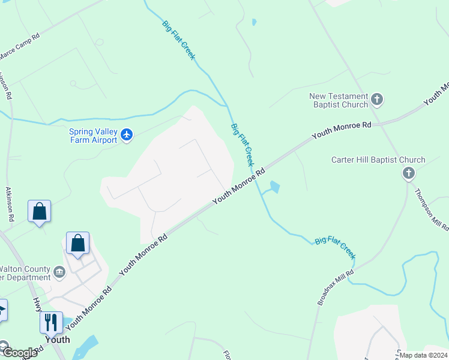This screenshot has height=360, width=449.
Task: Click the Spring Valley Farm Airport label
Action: (94, 135)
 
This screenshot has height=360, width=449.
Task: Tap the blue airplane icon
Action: (126, 135)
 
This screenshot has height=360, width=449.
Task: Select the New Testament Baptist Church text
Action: (339, 100)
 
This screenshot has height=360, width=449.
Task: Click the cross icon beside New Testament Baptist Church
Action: (377, 99)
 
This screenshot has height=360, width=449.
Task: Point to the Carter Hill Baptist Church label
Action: (378, 160)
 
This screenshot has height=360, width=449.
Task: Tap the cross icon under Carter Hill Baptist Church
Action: (408, 173)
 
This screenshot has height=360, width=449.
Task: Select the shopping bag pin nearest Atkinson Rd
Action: (39, 212)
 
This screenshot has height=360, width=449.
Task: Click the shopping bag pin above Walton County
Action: (77, 244)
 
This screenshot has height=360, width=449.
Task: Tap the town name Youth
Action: (57, 340)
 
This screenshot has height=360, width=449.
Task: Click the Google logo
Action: (19, 353)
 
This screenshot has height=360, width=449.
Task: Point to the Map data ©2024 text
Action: (423, 355)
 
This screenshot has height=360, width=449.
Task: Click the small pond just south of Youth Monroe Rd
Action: (274, 187)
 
